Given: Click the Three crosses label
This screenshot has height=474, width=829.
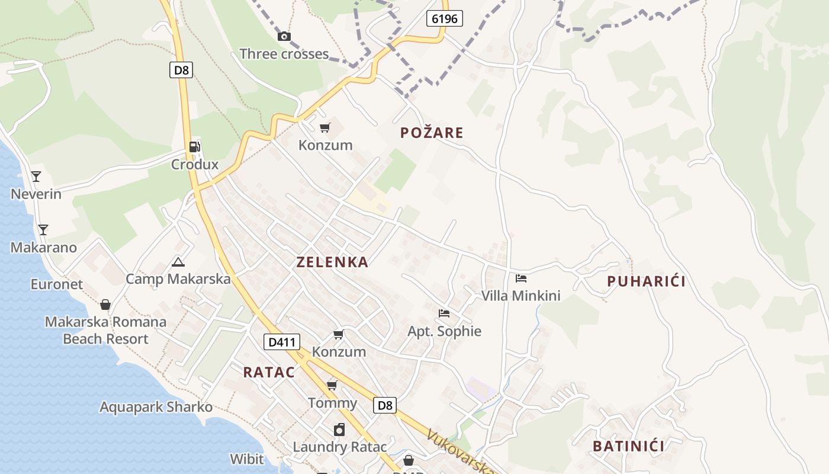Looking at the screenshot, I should click(284, 54).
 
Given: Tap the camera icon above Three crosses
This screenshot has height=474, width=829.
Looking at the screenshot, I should click(284, 37).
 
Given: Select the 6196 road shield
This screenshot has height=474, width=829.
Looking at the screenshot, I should click(444, 18).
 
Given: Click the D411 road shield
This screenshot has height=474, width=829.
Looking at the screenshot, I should click(281, 342).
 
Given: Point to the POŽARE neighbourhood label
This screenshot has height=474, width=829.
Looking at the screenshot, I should click(432, 133).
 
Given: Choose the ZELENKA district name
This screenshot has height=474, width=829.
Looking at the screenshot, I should click(332, 262).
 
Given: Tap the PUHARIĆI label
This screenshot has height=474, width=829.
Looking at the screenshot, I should click(646, 281).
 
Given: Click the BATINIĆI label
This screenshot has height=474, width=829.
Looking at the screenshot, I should click(628, 446).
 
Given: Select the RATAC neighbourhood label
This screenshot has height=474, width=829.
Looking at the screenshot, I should click(269, 372).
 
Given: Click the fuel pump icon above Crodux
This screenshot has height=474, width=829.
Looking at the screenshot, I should click(195, 147).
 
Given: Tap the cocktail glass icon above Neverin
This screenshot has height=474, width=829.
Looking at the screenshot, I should click(36, 177).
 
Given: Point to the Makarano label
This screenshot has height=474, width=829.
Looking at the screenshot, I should click(44, 247).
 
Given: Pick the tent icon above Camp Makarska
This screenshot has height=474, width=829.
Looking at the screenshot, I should click(178, 262).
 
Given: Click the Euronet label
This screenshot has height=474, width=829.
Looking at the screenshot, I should click(57, 284).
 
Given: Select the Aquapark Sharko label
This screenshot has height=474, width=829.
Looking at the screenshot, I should click(156, 407).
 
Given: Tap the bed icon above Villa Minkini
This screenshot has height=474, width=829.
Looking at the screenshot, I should click(521, 278).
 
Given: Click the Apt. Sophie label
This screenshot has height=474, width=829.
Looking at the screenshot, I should click(444, 331).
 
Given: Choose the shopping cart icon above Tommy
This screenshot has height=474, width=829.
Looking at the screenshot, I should click(332, 386).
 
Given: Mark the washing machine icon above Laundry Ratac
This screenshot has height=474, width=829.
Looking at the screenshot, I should click(339, 430).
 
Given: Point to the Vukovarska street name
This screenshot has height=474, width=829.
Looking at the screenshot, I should click(460, 451).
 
